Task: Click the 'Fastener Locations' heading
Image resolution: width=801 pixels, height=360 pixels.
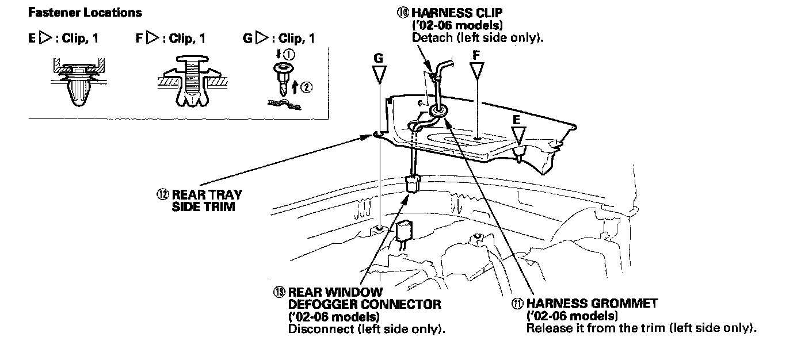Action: [85, 12]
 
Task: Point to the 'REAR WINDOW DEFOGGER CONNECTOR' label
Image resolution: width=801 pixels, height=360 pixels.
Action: [364, 298]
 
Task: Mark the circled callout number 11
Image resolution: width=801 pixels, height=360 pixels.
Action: [517, 303]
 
